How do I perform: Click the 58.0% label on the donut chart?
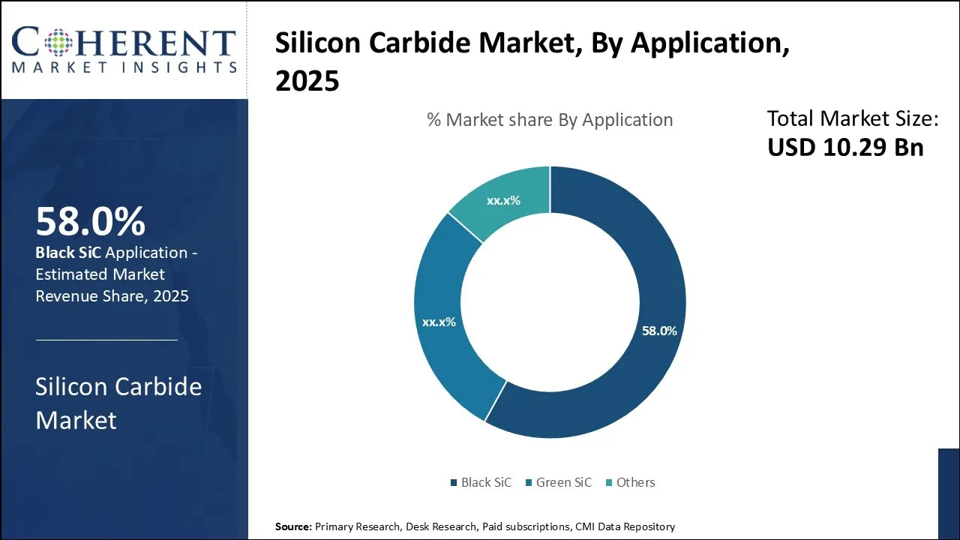coord(659,331)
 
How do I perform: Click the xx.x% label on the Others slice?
coord(503,201)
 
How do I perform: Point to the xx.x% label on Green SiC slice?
coord(439,322)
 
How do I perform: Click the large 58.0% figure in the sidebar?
coord(90,222)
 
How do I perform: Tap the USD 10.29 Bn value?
coord(845,148)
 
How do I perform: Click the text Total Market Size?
coord(853,118)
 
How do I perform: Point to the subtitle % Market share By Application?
coord(550,120)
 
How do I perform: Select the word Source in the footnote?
coord(293,526)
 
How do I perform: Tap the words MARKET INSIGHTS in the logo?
coord(124,67)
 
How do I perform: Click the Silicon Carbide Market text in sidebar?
coord(118,403)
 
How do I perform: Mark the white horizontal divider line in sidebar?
coord(106,340)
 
